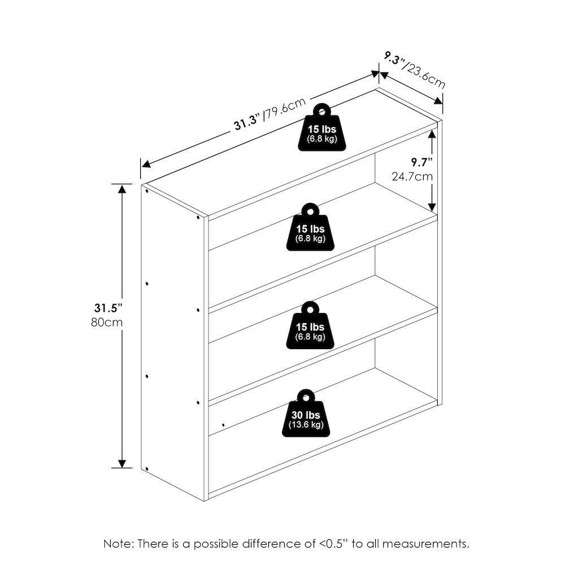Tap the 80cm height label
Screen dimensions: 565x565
[107, 322]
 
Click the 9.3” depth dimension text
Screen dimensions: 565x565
[393, 59]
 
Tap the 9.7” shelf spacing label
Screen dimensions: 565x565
[422, 163]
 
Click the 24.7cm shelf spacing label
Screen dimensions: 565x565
[412, 176]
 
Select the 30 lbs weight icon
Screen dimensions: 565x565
[306, 414]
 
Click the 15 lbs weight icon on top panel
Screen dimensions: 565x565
[322, 127]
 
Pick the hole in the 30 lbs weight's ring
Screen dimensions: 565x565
[306, 398]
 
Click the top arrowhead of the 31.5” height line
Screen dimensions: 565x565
[123, 189]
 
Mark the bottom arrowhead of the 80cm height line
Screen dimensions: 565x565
[123, 464]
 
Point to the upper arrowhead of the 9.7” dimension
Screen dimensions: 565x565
[432, 134]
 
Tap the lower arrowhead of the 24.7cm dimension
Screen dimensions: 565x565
[432, 207]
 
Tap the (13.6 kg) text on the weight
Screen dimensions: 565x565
[306, 424]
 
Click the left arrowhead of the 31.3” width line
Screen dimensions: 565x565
[146, 164]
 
